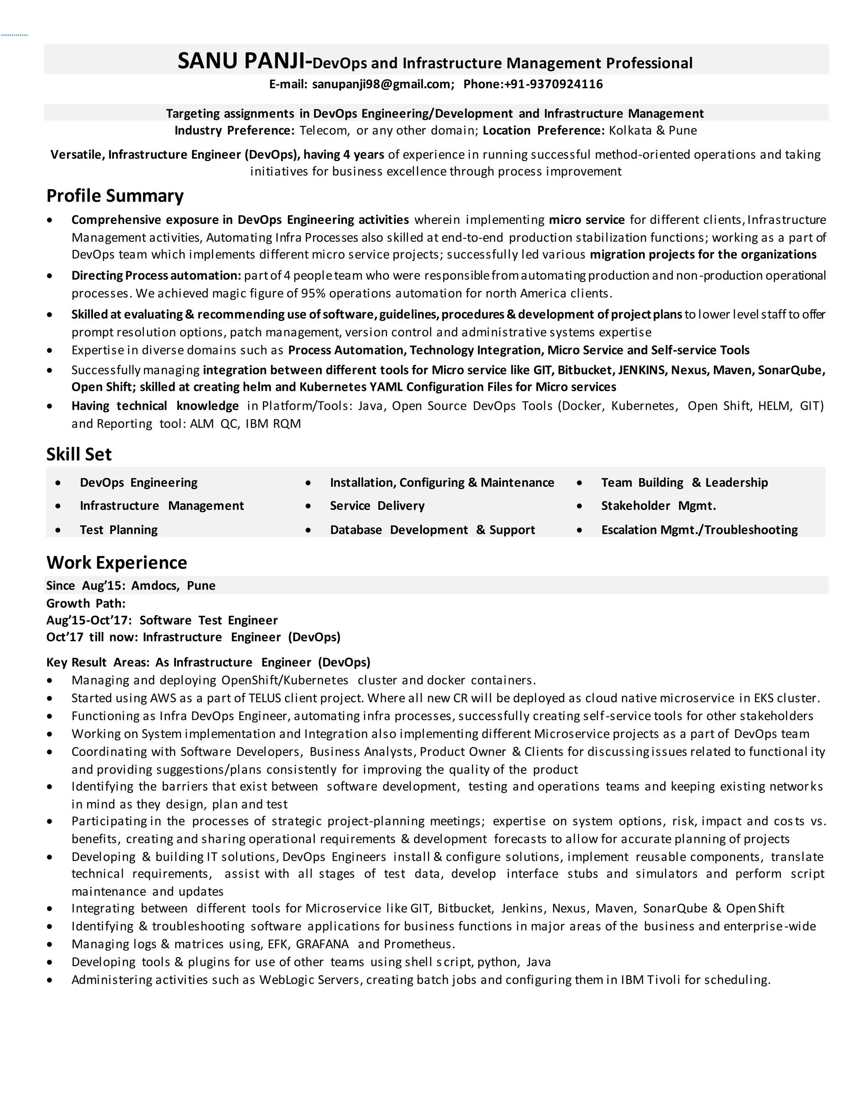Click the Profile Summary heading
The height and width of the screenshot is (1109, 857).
[115, 196]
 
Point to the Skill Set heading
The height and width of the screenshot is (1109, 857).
[79, 454]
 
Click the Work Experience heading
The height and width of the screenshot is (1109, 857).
[117, 562]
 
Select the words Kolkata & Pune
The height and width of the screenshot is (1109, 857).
[652, 131]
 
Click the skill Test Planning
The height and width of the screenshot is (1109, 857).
[118, 530]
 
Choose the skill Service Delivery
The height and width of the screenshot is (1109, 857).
[377, 506]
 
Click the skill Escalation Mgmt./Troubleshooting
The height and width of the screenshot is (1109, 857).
[699, 530]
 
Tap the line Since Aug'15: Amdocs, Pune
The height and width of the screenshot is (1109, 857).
[131, 585]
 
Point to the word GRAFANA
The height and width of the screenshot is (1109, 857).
[322, 944]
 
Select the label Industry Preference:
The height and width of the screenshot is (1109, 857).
[234, 131]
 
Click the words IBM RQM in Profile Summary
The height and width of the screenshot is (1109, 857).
[273, 424]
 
